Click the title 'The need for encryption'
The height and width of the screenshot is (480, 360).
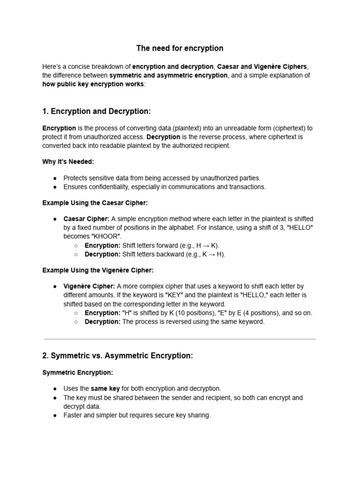coord(180,48)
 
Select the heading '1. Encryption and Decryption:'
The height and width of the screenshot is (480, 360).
coord(97,111)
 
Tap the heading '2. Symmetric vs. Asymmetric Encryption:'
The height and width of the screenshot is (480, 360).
coord(117,356)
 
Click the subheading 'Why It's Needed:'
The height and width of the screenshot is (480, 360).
coord(68,162)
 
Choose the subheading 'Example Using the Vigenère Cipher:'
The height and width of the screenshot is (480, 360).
coord(97,270)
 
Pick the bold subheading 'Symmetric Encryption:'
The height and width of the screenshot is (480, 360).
coord(77,372)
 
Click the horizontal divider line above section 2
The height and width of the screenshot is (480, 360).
coord(180,339)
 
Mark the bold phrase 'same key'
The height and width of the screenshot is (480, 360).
coord(105,389)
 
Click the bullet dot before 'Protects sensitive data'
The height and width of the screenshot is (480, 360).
coord(55,178)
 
